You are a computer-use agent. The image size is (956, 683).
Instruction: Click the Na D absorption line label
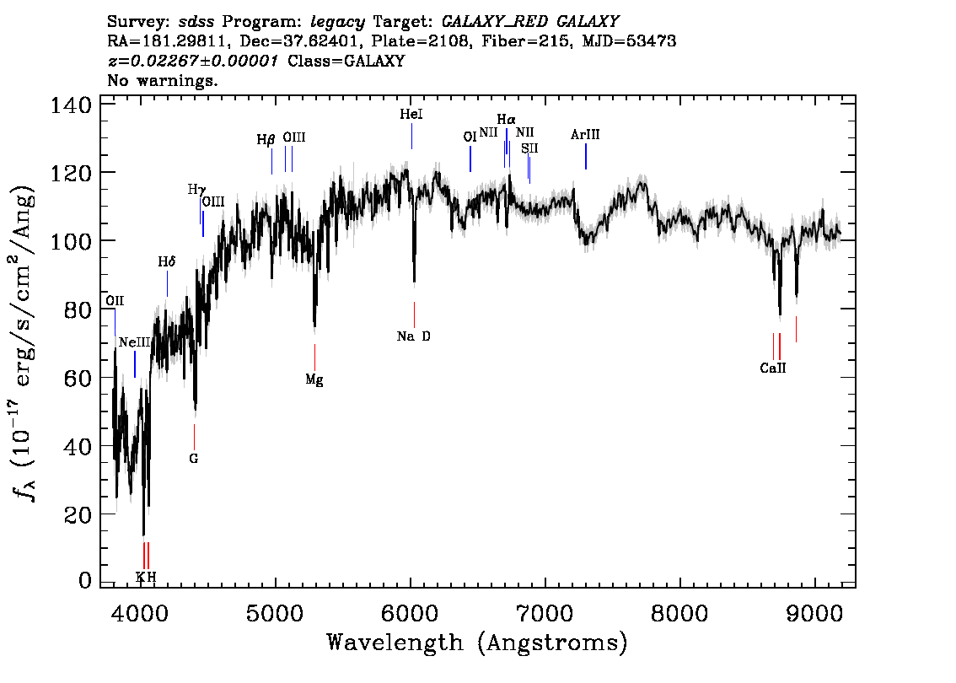[413, 336]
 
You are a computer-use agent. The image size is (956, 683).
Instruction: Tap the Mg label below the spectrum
[314, 380]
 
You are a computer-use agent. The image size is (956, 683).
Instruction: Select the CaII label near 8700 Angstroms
[773, 368]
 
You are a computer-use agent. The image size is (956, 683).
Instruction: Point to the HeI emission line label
[411, 114]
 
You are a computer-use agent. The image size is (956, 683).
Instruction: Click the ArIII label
[585, 134]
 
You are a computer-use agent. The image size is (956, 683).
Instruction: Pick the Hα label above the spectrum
[506, 119]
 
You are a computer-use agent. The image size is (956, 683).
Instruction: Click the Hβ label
[266, 140]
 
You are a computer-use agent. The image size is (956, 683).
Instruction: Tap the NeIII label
[135, 342]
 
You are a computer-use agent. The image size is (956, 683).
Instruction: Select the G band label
[194, 458]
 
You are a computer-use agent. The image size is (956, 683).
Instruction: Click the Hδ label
[166, 261]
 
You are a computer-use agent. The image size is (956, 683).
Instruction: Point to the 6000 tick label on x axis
[411, 613]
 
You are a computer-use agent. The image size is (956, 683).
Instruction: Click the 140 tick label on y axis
[71, 105]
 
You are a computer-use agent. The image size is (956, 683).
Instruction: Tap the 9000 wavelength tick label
[814, 613]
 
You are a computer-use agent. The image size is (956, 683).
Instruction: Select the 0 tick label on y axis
[85, 580]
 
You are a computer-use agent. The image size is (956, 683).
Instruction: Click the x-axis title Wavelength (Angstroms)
[477, 643]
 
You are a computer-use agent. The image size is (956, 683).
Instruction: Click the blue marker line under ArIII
[586, 156]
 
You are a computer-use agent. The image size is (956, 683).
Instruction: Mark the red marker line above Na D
[414, 315]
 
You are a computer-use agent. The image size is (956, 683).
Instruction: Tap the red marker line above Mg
[314, 358]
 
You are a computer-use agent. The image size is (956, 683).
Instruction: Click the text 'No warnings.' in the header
[162, 80]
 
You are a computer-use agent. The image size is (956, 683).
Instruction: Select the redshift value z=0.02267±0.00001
[193, 61]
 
